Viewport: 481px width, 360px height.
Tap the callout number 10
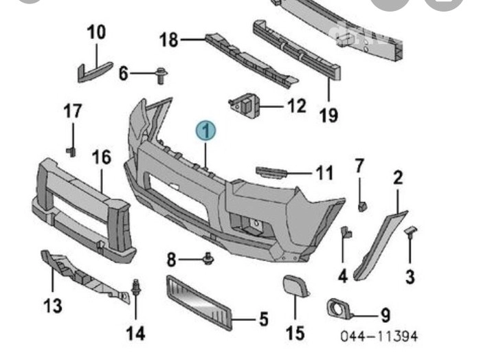(x=96, y=32)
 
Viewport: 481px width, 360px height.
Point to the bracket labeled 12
(x=245, y=105)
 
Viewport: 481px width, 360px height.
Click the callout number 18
(x=168, y=41)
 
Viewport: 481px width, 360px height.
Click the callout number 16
(x=101, y=157)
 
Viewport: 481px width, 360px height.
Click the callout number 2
(x=397, y=179)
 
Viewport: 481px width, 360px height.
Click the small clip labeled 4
(x=346, y=235)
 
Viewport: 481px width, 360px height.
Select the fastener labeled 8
(x=208, y=260)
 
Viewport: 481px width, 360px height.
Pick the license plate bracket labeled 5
(x=199, y=300)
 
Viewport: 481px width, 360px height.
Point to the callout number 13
(x=53, y=304)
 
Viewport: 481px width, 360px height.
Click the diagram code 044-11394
(x=379, y=337)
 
